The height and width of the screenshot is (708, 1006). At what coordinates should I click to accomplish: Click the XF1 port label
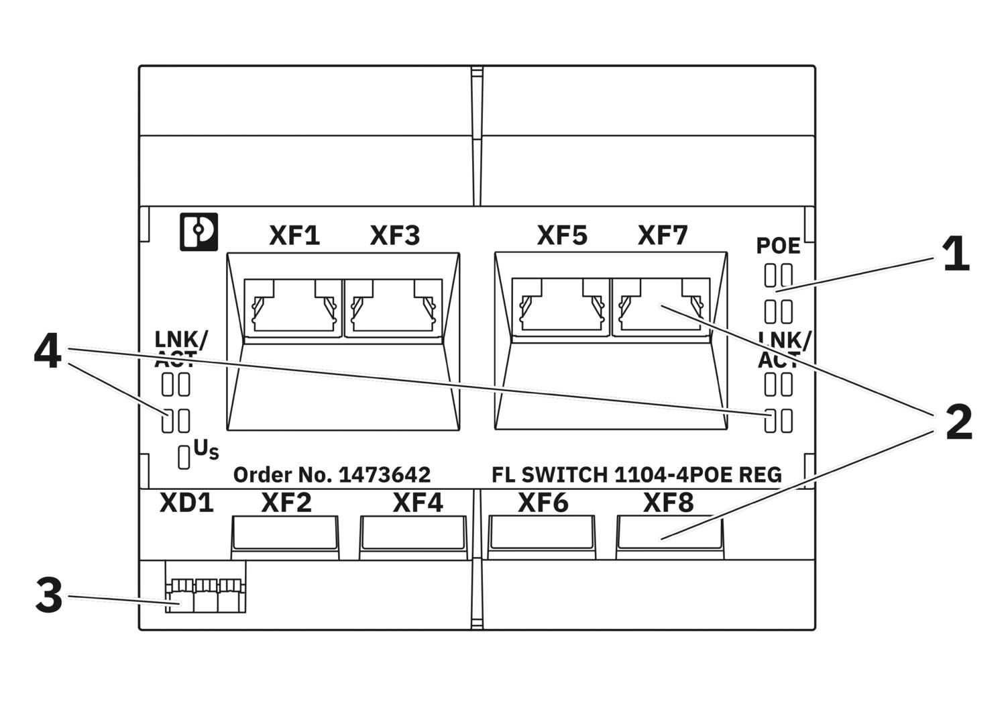[x=294, y=236]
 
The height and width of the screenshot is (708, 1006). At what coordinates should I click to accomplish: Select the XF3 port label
[x=395, y=236]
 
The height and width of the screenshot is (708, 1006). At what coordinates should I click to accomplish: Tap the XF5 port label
[x=562, y=236]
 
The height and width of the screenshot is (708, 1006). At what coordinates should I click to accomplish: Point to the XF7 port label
[x=663, y=236]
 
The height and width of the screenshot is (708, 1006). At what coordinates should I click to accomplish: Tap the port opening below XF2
[x=284, y=535]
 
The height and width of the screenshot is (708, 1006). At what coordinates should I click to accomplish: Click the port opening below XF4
[x=413, y=535]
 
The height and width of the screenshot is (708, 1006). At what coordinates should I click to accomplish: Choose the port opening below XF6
[x=542, y=535]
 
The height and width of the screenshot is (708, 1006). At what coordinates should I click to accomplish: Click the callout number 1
[x=956, y=256]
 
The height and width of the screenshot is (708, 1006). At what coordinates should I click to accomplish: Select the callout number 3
[x=48, y=596]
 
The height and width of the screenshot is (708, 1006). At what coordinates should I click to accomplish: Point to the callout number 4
[x=48, y=353]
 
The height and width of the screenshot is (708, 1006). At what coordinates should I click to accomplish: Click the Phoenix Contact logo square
[x=199, y=232]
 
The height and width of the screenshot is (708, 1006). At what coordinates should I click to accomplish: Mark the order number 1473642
[x=384, y=475]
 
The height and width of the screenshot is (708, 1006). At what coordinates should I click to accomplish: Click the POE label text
[x=778, y=246]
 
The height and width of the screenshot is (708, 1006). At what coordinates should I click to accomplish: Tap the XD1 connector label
[x=186, y=503]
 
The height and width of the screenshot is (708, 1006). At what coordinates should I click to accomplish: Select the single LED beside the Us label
[x=183, y=457]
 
